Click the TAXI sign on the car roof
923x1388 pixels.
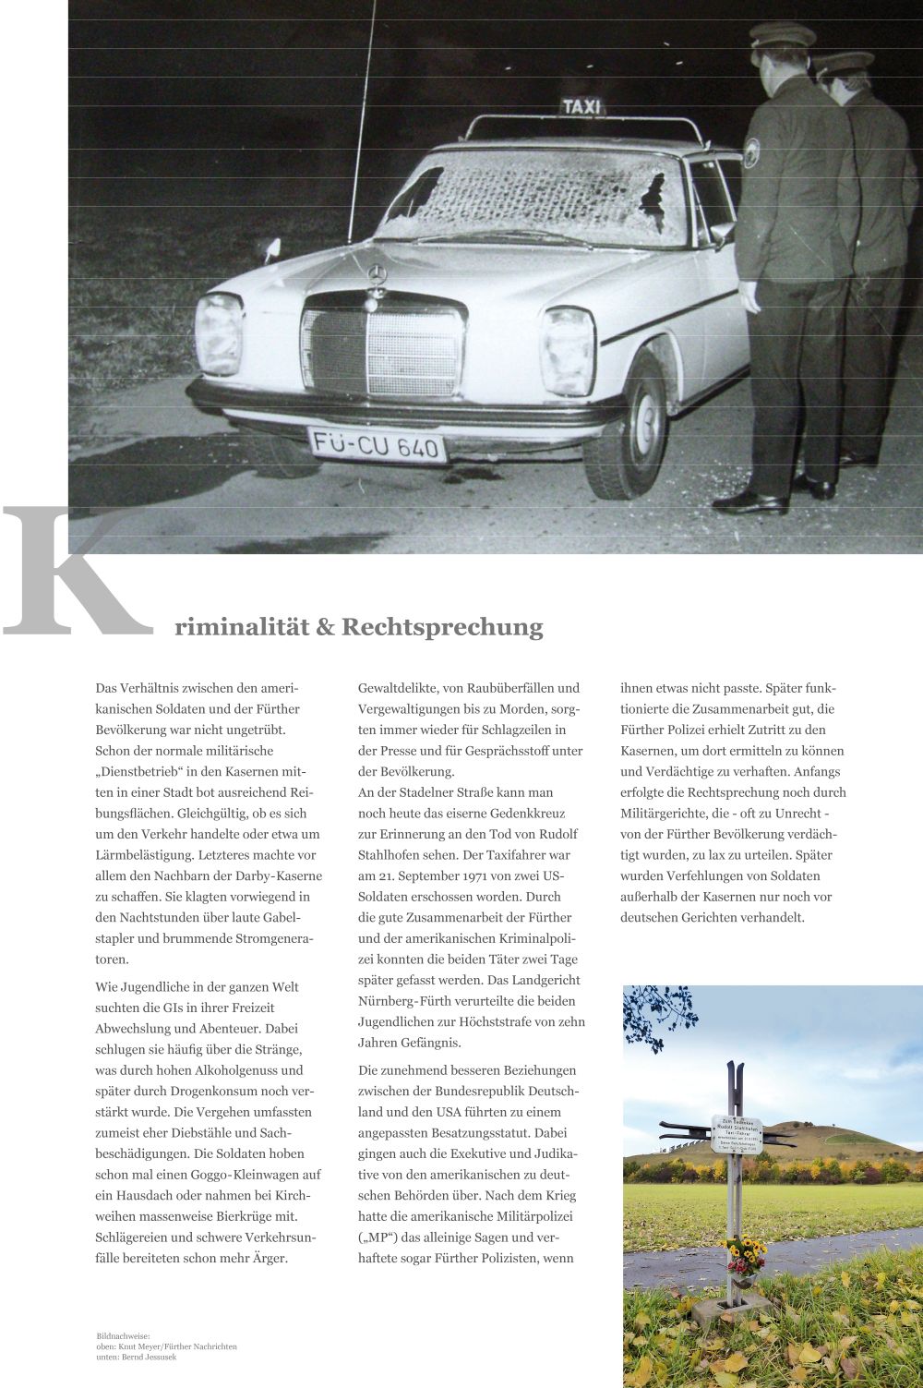(581, 106)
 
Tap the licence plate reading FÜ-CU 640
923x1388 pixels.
(376, 445)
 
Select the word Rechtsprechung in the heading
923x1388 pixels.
(442, 628)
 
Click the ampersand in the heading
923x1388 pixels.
(325, 628)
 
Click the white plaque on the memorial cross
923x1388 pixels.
(737, 1134)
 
